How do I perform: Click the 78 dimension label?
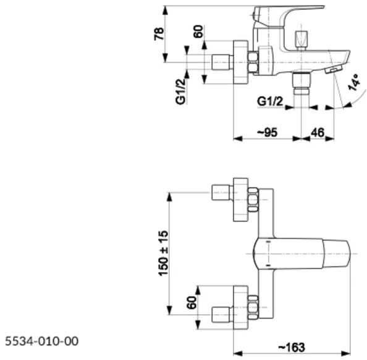pos(158,33)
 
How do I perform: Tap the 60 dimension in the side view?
pos(198,32)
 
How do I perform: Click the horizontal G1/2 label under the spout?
pos(270,101)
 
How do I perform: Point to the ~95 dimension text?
pos(268,132)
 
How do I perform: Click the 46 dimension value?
pos(317,132)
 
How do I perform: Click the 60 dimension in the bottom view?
pos(192,304)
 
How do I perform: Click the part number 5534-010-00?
pos(41,341)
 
